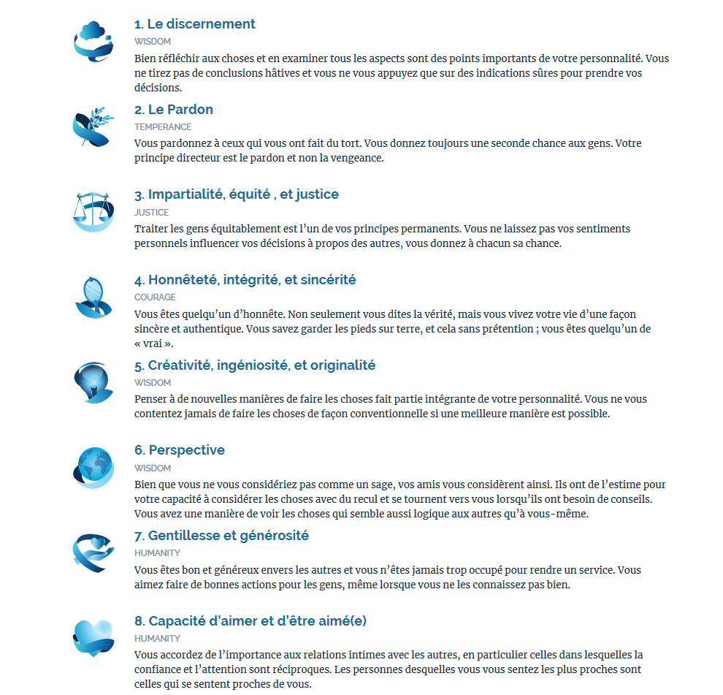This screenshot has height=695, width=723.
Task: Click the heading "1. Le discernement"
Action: pyautogui.click(x=194, y=24)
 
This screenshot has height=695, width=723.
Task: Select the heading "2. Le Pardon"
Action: pyautogui.click(x=174, y=110)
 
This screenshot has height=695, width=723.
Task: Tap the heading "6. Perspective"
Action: pyautogui.click(x=180, y=450)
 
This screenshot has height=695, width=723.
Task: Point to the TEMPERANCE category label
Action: pyautogui.click(x=163, y=127)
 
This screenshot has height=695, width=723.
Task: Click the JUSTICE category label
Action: pyautogui.click(x=151, y=213)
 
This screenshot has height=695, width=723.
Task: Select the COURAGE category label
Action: pyautogui.click(x=155, y=297)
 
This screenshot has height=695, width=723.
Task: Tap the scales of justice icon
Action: pyautogui.click(x=93, y=211)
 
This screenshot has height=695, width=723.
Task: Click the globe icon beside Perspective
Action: pyautogui.click(x=93, y=467)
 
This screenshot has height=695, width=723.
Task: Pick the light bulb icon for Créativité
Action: pyautogui.click(x=93, y=381)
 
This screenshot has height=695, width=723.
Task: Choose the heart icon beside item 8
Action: pyautogui.click(x=93, y=637)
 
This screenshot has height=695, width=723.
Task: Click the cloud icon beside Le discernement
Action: pyautogui.click(x=93, y=39)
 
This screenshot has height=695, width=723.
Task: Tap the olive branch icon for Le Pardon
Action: pyautogui.click(x=93, y=126)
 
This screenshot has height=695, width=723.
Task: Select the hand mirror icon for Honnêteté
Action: pyautogui.click(x=93, y=296)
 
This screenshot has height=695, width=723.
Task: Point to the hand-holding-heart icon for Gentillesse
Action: pyautogui.click(x=93, y=552)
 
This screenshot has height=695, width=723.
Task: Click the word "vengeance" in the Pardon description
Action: pyautogui.click(x=357, y=158)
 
